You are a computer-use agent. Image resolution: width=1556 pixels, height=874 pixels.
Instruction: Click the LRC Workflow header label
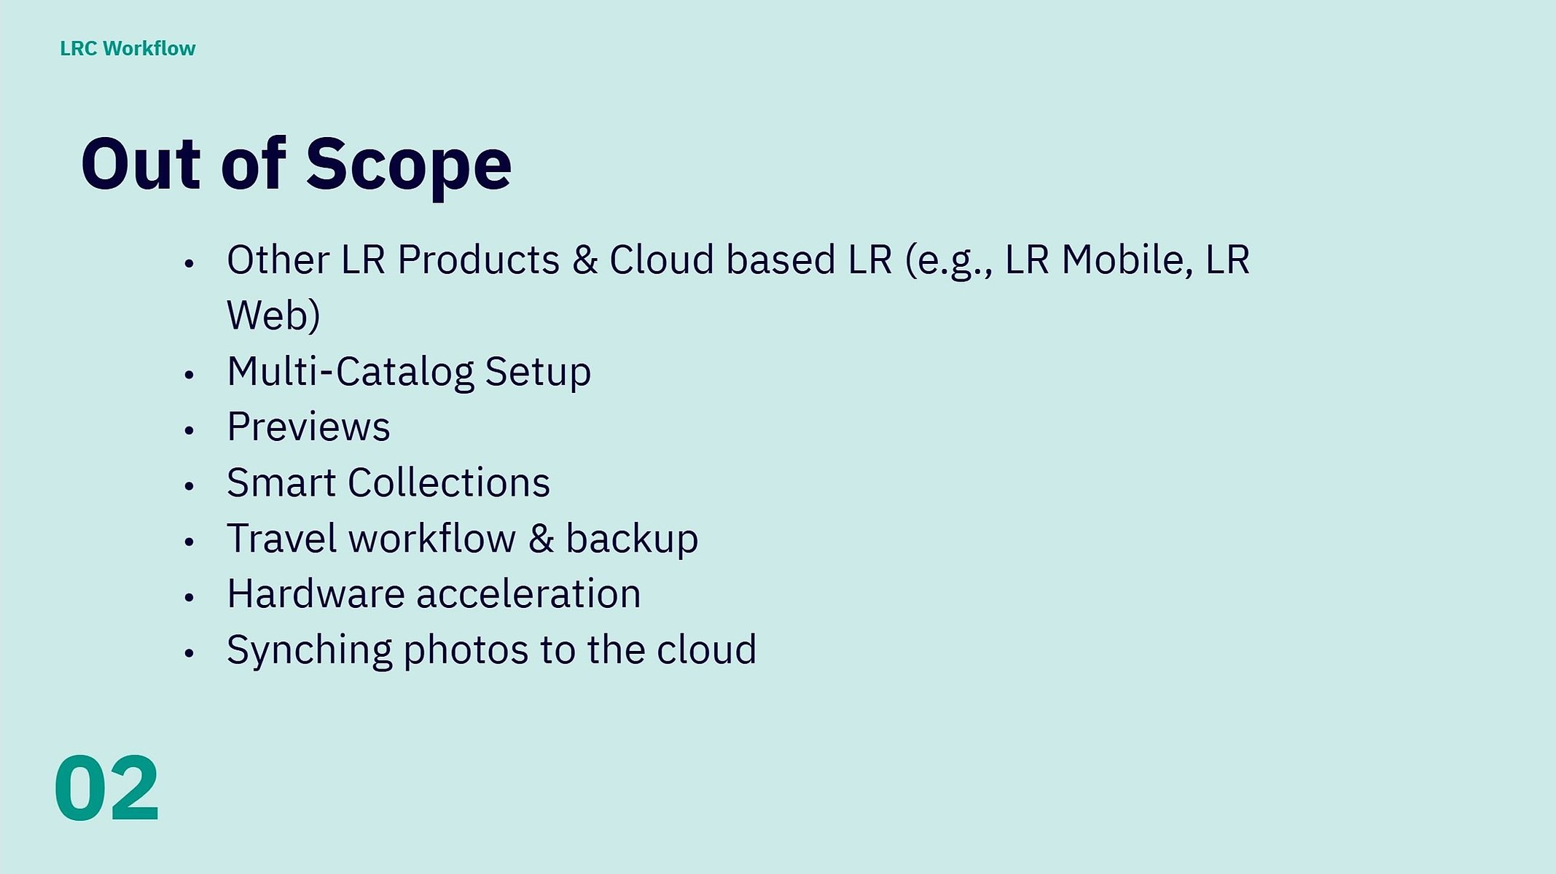[x=128, y=48]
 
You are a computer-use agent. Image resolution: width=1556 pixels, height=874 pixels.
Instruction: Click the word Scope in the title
[x=409, y=166]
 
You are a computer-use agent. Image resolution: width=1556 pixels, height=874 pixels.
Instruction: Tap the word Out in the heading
[x=141, y=164]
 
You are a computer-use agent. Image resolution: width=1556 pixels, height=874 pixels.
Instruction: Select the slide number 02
[x=106, y=788]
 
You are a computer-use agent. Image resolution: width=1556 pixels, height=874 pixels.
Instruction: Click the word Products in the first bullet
[x=479, y=260]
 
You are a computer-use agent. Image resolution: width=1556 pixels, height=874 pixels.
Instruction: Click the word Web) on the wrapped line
[x=273, y=316]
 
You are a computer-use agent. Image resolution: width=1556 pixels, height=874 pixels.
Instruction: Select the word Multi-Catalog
[x=351, y=372]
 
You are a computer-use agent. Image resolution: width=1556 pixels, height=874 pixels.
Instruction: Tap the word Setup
[x=538, y=373]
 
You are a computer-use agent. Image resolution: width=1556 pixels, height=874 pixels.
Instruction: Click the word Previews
[x=308, y=427]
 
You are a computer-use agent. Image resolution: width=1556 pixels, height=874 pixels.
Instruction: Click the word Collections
[x=449, y=483]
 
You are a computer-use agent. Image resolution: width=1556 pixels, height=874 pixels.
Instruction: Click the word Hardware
[x=316, y=593]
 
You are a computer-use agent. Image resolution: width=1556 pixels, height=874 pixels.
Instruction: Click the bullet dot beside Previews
[x=189, y=431]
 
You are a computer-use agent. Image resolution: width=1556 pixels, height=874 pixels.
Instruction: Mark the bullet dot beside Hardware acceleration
[x=189, y=598]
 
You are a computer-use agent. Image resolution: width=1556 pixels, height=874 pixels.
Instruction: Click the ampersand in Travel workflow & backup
[x=541, y=539]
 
